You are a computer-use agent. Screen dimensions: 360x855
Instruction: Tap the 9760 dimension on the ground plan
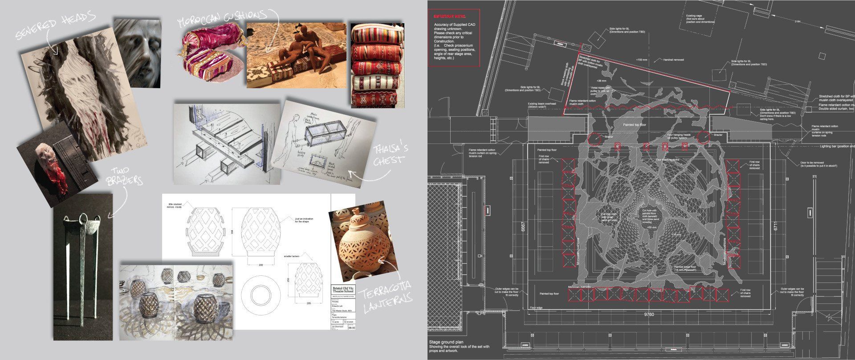pyautogui.click(x=650, y=315)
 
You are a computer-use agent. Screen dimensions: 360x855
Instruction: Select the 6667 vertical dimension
pyautogui.click(x=518, y=227)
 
